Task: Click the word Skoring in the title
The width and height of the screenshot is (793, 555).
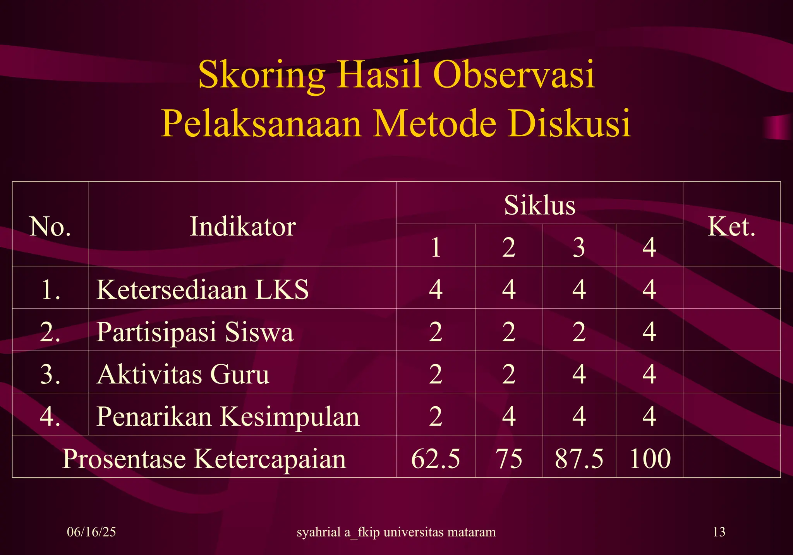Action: [261, 75]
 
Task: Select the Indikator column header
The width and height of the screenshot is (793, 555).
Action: [243, 226]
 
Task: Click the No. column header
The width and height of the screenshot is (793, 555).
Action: [50, 226]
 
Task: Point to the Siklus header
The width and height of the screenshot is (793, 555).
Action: [539, 205]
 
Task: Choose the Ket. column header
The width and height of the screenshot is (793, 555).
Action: [731, 226]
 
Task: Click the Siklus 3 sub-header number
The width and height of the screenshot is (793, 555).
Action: [579, 247]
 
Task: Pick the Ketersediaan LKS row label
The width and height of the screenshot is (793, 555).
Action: [203, 289]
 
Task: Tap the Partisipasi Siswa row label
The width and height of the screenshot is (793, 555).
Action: [195, 332]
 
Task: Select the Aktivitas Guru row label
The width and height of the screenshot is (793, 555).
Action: [183, 374]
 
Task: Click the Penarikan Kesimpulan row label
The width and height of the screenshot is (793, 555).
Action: [228, 416]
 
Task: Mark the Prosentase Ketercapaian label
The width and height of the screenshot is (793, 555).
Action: [204, 459]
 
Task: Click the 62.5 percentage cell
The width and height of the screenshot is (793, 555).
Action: [436, 459]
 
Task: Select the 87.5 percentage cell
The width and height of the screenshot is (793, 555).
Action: [579, 459]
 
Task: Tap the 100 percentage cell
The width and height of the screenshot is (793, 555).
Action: [650, 459]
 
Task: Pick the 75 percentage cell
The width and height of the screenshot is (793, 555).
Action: [509, 459]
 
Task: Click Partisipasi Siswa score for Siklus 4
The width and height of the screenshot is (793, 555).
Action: [649, 332]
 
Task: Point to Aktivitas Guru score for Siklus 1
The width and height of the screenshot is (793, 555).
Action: [436, 374]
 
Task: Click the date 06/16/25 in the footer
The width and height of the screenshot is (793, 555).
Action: [91, 532]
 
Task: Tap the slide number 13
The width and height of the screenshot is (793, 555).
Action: [719, 532]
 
